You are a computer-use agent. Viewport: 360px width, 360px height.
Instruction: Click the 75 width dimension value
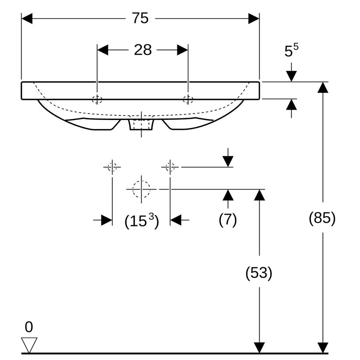140,18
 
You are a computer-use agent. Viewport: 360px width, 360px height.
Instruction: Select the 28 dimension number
142,50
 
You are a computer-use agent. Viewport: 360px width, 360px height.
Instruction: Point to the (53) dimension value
259,273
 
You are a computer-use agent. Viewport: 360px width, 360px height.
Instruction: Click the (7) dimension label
228,219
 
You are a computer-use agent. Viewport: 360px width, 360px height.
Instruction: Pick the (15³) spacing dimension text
142,221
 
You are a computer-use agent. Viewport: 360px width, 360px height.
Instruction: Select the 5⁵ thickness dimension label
291,50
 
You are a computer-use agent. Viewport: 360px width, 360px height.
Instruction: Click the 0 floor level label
29,327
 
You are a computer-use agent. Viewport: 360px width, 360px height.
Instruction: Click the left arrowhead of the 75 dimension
27,18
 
